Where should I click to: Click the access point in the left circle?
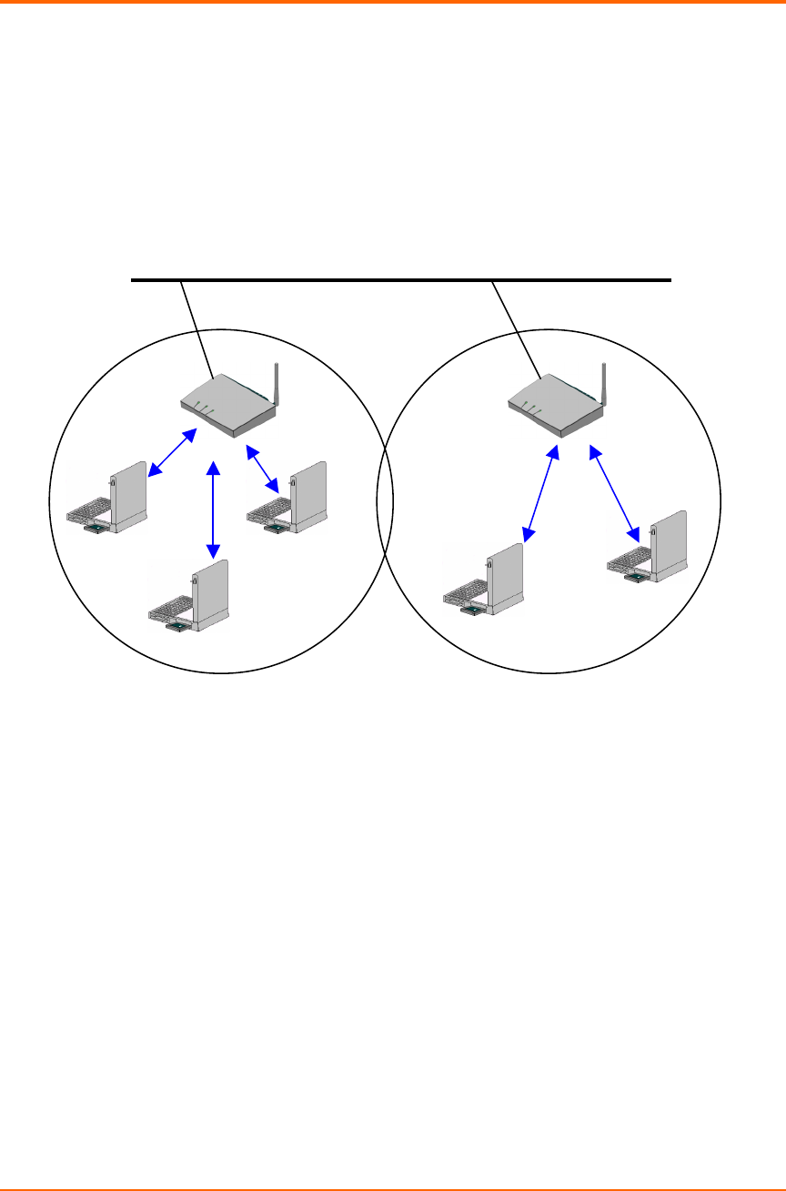pyautogui.click(x=227, y=406)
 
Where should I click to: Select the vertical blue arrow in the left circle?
pyautogui.click(x=213, y=510)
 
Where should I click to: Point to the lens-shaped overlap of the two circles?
pyautogui.click(x=385, y=500)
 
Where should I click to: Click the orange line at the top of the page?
pyautogui.click(x=393, y=2)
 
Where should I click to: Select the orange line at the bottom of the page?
pyautogui.click(x=393, y=1188)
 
